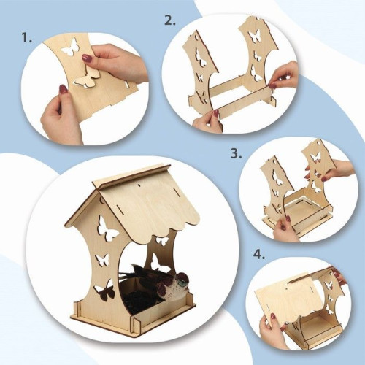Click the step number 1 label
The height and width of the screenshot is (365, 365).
click(27, 38)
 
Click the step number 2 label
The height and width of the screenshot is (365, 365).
click(169, 20)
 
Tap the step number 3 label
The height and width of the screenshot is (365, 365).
click(237, 153)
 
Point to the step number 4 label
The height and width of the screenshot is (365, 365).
click(259, 254)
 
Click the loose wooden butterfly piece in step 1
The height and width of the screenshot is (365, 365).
click(87, 78)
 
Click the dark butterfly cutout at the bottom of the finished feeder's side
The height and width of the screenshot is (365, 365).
click(104, 290)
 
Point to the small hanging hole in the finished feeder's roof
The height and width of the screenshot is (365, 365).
click(139, 185)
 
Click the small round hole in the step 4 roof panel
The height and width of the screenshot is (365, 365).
click(287, 288)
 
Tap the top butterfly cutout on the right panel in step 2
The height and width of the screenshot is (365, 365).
click(255, 36)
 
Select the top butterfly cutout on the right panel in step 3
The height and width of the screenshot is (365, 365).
click(316, 156)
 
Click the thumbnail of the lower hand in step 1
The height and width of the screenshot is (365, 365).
click(64, 89)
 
